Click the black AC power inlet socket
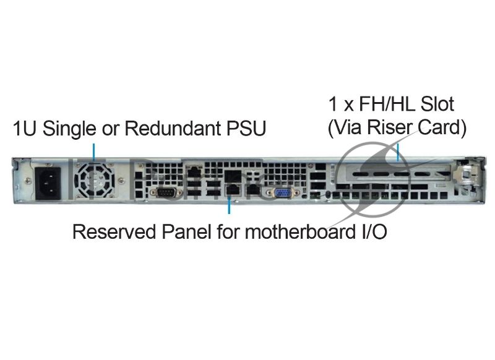coord(48,182)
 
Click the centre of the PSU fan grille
coord(95,181)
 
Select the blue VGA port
coord(284,194)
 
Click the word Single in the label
coord(69,129)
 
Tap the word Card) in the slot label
coord(442,128)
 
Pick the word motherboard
coord(300,231)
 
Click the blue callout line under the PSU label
coord(93,152)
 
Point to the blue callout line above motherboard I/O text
coord(229,205)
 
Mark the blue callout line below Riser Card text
coord(398,152)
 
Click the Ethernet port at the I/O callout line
coord(233,190)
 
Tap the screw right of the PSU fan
coord(121,181)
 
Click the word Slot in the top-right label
coord(437,104)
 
